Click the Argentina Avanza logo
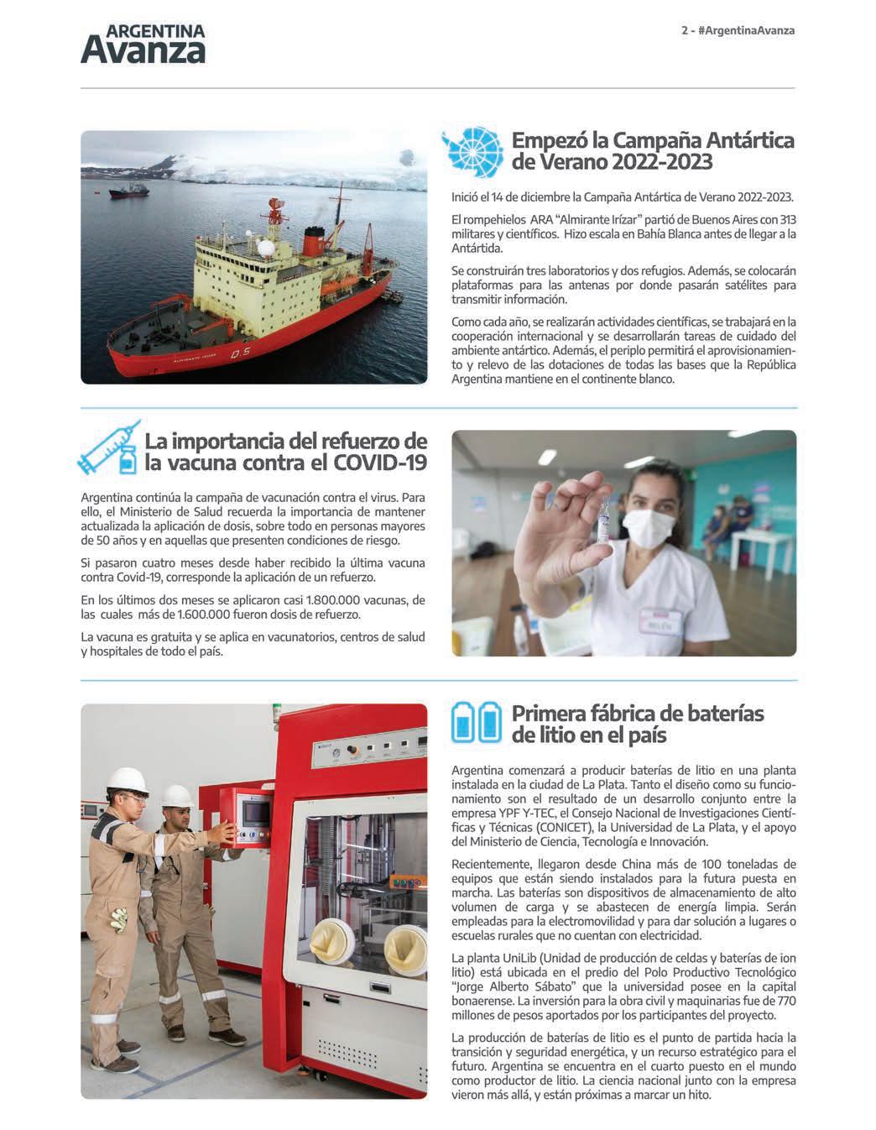pos(143,44)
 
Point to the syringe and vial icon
pos(108,448)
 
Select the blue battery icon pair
pos(476,723)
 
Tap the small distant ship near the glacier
pos(129,191)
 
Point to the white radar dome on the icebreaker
pos(266,249)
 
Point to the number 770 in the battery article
pos(786,1002)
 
